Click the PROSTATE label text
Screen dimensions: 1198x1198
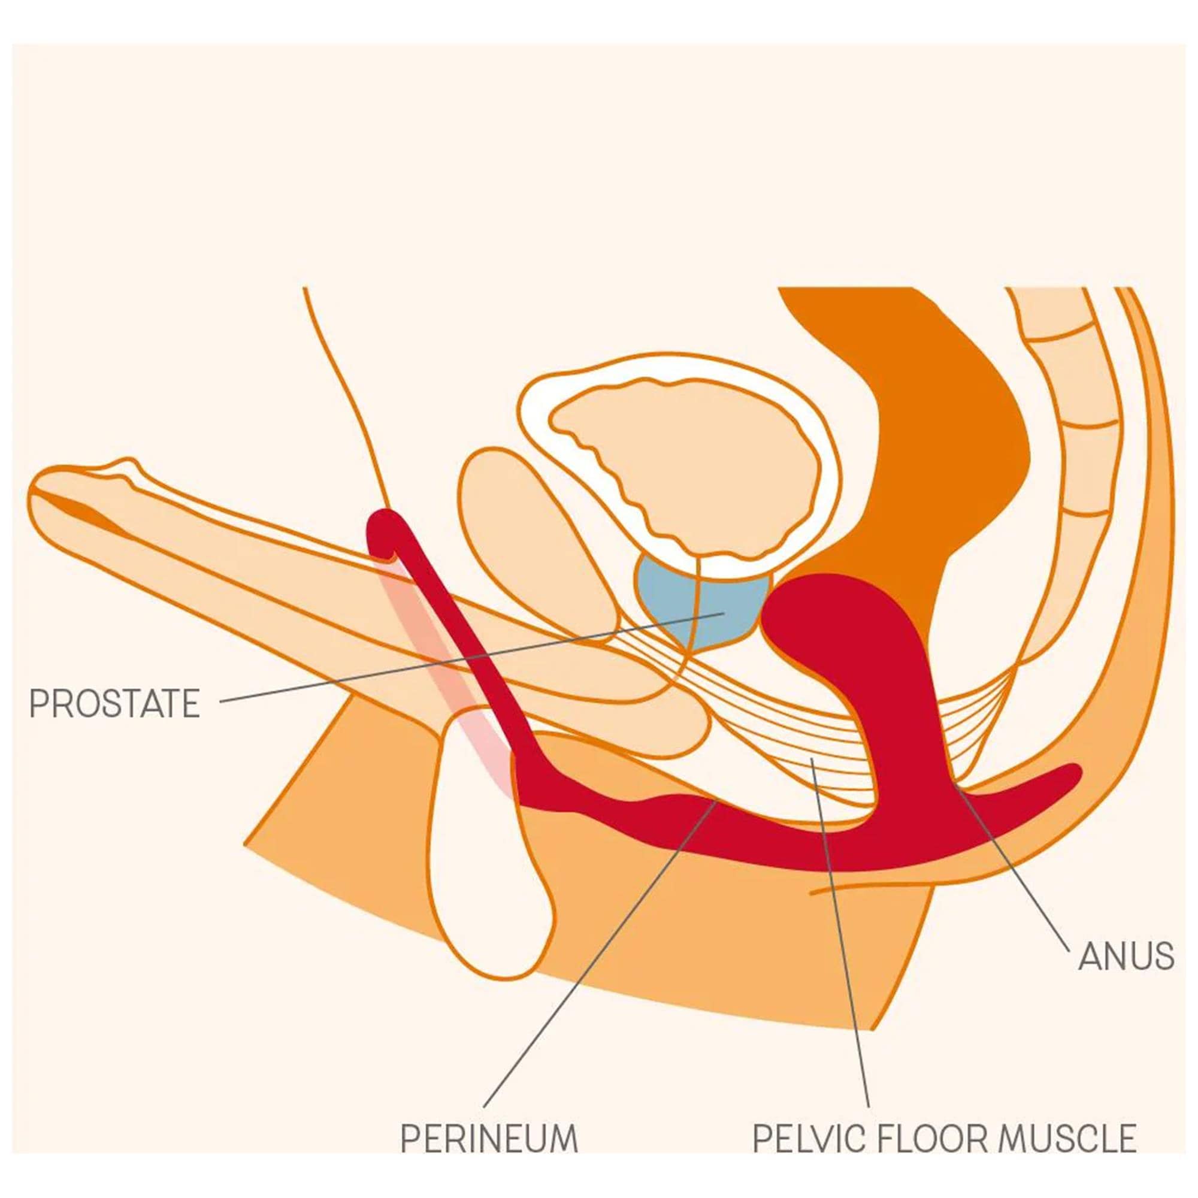click(115, 703)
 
